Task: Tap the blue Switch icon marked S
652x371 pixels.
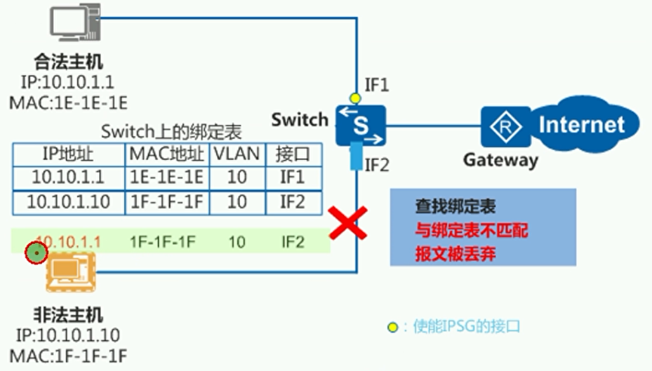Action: [361, 125]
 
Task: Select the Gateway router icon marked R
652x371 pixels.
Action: [505, 126]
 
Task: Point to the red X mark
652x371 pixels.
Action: [347, 222]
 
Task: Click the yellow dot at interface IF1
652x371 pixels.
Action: [355, 98]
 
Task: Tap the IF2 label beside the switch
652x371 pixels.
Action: [376, 165]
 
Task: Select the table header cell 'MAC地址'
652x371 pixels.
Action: [167, 154]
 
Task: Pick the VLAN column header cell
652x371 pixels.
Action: [236, 154]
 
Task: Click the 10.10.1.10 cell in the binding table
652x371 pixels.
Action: [69, 201]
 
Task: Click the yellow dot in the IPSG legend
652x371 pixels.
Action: [394, 327]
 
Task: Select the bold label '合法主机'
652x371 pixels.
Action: [69, 63]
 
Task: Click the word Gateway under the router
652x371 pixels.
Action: [500, 160]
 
